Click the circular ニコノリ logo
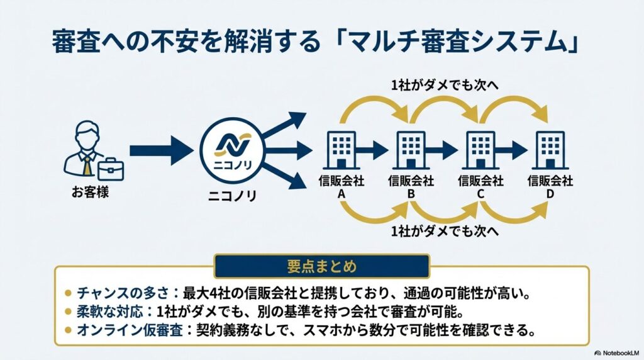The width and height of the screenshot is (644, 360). tap(230, 150)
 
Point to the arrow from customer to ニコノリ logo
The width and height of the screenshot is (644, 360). tap(160, 150)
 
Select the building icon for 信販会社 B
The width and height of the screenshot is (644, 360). tap(411, 149)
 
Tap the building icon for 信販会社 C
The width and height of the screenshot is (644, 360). tap(480, 149)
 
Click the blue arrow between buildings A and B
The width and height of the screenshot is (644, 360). tap(374, 150)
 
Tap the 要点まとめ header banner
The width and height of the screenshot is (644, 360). tap(321, 266)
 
